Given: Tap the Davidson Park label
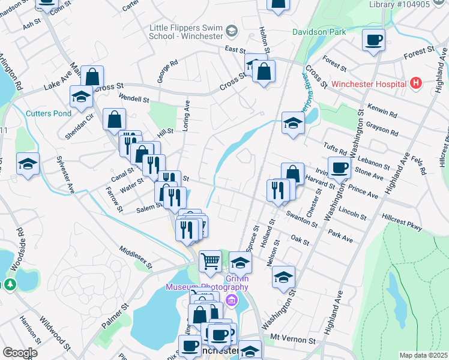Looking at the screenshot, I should (317, 31).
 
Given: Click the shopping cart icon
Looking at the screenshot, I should (210, 261).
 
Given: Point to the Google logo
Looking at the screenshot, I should (20, 353).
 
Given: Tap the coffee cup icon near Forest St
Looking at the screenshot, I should (374, 40).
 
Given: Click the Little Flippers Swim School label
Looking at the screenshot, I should (186, 31).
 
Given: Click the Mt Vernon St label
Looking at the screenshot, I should (294, 338).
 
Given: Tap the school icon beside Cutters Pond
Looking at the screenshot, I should (81, 97).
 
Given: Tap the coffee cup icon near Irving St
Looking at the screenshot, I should (339, 167).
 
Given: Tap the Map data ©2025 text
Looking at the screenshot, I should (423, 355).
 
